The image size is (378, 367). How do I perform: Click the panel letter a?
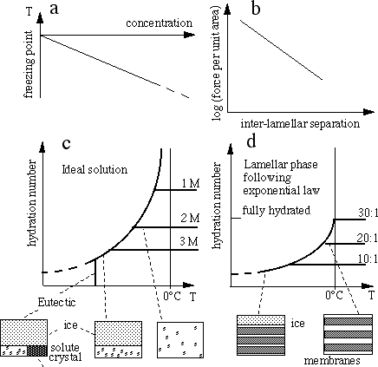coord(54,10)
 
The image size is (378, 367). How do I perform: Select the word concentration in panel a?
coord(159,23)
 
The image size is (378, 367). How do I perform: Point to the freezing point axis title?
coord(29,64)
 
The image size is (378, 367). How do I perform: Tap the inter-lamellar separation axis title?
coord(300,123)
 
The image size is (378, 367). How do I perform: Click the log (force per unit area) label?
coord(217,62)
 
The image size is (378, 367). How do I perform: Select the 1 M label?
coord(191,183)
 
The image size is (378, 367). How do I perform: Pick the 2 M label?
coord(190,218)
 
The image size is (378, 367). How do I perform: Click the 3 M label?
coord(189,241)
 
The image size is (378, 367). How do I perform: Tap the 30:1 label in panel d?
coord(368,213)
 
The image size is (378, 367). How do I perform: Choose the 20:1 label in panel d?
coord(367,238)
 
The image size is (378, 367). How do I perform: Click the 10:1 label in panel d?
coord(368,259)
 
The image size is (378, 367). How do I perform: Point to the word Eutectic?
coord(56,302)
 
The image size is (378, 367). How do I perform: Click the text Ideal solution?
coord(94,169)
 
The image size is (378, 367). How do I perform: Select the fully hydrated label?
coord(277,210)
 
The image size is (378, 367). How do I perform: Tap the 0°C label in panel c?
coord(172,296)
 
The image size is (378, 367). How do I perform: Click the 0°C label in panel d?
coord(335,295)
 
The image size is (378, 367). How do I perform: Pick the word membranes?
coord(332,361)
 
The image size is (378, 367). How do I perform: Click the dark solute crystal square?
coord(37,351)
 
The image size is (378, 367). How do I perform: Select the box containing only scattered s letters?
coord(180,340)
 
